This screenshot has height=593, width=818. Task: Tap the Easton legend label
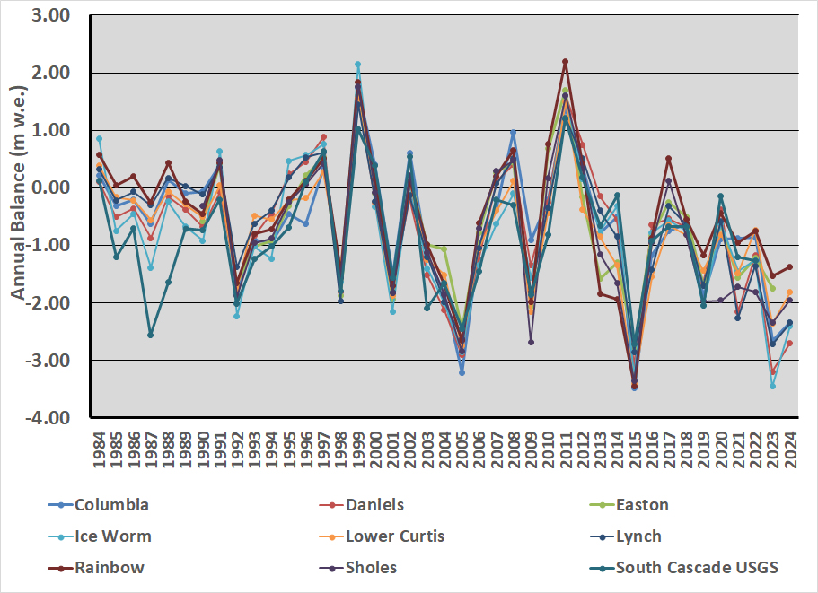click(642, 505)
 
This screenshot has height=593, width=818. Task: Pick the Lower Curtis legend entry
click(395, 536)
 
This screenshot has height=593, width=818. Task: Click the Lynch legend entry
click(638, 536)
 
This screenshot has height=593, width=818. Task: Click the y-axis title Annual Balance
click(17, 215)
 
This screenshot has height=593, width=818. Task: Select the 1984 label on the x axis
click(100, 445)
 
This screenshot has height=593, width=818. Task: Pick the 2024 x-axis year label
click(790, 445)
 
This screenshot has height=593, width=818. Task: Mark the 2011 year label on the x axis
click(566, 445)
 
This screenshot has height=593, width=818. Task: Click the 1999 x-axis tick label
click(358, 445)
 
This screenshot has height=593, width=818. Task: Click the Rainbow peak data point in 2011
click(566, 62)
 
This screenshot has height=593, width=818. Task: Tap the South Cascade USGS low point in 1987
click(151, 335)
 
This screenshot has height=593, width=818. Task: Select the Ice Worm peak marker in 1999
click(357, 65)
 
